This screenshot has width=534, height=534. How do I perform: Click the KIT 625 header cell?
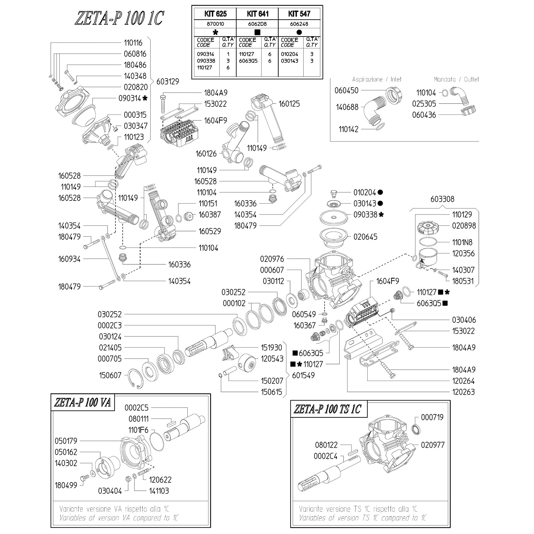[x=215, y=14]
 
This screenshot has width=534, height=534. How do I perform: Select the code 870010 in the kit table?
[x=215, y=24]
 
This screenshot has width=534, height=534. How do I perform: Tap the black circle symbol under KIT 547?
[x=299, y=32]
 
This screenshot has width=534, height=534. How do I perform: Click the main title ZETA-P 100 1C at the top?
[x=119, y=19]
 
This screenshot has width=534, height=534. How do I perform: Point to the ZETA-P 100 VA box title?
[x=83, y=403]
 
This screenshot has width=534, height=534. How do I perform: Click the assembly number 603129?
[x=168, y=82]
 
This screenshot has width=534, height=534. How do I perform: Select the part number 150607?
[x=110, y=376]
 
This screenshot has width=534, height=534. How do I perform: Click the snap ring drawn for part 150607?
[x=135, y=378]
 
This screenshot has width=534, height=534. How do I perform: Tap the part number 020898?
[x=464, y=226]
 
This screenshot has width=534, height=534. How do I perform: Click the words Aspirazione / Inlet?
[x=377, y=80]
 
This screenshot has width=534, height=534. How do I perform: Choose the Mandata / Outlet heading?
[x=456, y=80]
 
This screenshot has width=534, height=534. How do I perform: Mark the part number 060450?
[x=347, y=91]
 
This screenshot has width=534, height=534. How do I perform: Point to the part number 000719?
[x=432, y=417]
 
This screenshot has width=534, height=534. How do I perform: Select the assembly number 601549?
[x=303, y=376]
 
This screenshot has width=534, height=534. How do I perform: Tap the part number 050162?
[x=66, y=452]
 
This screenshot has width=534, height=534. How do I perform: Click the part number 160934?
[x=69, y=259]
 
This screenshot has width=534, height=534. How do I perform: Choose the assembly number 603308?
[x=442, y=199]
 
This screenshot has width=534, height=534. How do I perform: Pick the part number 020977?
[x=433, y=445]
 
